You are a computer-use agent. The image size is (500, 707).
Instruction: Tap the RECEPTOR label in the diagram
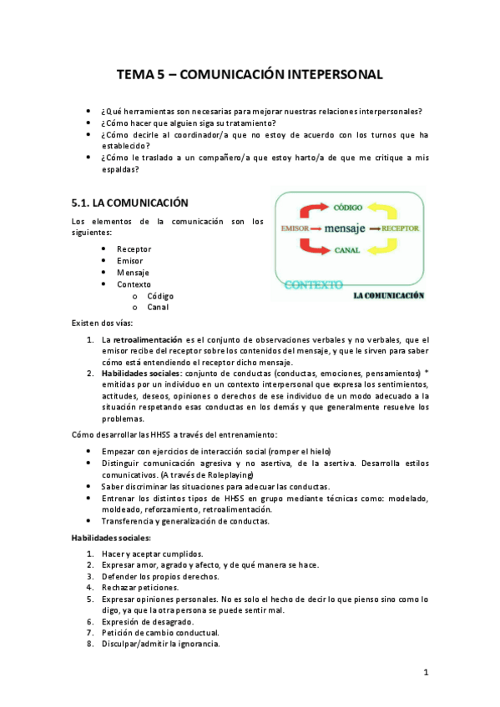click(x=401, y=228)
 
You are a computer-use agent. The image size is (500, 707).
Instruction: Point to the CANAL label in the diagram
click(x=346, y=249)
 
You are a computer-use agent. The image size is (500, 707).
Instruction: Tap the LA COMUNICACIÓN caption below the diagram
click(x=389, y=295)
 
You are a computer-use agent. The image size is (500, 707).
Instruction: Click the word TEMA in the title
click(x=134, y=74)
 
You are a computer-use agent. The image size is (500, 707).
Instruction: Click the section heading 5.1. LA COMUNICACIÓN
click(x=130, y=203)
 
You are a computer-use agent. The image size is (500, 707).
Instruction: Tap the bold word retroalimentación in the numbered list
click(x=147, y=340)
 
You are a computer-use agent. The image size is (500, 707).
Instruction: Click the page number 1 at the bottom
click(x=425, y=672)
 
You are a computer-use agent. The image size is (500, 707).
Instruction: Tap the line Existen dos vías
click(x=101, y=323)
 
